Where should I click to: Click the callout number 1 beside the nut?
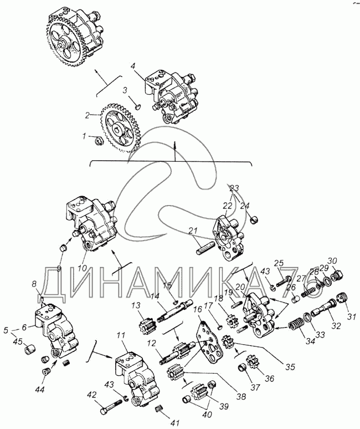(84, 135)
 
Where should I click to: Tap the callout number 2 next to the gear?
(87, 116)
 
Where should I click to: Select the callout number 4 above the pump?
(133, 65)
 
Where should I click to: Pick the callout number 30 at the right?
(332, 261)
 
